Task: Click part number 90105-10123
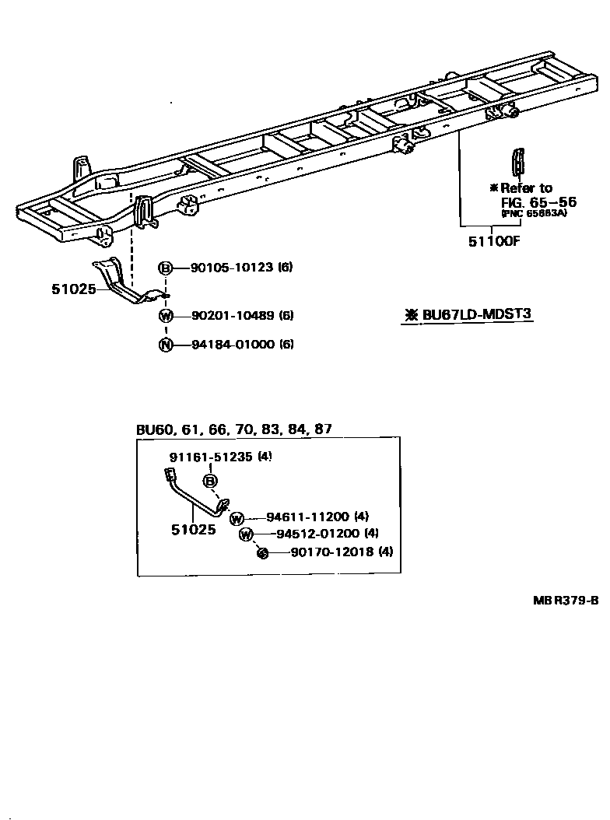pos(231,268)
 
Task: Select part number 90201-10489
pos(231,316)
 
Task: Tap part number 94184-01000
pos(231,344)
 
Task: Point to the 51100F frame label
pos(493,241)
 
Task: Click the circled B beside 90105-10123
pos(166,268)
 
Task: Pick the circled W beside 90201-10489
pos(166,316)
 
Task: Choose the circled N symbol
pos(166,344)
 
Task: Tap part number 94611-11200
pos(307,517)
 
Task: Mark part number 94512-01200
pos(317,534)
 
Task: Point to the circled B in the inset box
pos(210,481)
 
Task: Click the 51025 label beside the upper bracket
pos(74,289)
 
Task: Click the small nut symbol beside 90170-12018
pos(263,552)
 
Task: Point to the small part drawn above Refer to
pos(518,165)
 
